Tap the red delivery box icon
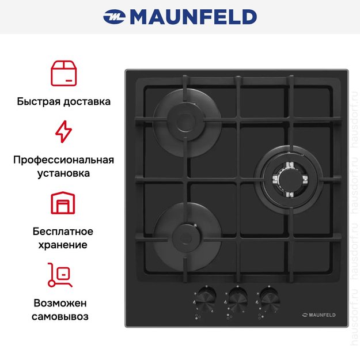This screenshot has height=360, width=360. pos(63,73)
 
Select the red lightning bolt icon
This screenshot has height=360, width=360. pos(63,131)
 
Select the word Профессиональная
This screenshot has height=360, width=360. pos(63,160)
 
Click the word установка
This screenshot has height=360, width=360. pos(63,173)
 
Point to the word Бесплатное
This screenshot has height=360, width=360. pos(63,232)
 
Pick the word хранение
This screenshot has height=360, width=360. pos(63,245)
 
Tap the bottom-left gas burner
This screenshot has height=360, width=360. pos(184,235)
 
